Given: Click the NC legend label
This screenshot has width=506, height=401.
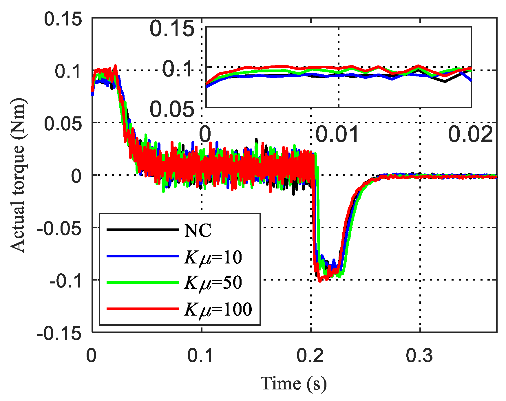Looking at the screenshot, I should pos(198,231).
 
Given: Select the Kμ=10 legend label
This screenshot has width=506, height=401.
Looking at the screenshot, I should pos(213,257).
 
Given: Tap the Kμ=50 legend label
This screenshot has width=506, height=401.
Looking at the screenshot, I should pos(213,283).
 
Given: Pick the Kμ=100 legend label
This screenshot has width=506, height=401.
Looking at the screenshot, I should pos(218,310).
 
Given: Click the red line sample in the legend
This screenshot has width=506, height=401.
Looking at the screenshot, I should pos(143,309).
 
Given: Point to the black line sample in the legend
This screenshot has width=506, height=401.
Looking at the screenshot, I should pos(143,230).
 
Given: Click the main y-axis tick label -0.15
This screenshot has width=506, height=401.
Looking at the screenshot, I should pos(59,333).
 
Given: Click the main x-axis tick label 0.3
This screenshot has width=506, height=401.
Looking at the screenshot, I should pos(419,355).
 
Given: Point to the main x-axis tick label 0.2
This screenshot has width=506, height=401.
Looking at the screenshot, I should pos(310,355).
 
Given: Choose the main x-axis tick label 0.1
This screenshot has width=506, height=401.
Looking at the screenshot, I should pos(200,355).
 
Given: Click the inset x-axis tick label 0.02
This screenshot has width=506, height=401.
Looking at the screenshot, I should pos(470,134).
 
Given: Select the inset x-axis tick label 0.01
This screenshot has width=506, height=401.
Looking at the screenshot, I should pos(337,134).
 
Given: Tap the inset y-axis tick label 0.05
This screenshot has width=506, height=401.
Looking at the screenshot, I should pos(172,109).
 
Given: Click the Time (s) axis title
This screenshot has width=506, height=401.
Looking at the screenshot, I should pos(294,384).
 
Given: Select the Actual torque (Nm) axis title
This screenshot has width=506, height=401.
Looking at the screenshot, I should pos(18,175).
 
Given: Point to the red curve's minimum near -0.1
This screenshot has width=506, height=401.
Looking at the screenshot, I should pos(319,281).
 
